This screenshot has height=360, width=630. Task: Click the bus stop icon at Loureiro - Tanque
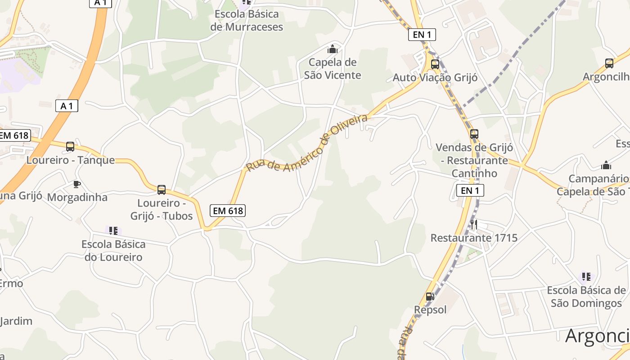70,146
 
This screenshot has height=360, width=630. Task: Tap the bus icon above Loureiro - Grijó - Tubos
162,189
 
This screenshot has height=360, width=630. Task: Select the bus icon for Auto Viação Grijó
435,64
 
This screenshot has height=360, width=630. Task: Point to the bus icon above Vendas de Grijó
474,134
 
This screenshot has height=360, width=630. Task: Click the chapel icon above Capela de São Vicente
333,49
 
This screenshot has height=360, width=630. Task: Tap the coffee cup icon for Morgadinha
77,184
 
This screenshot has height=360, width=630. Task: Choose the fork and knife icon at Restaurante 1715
474,224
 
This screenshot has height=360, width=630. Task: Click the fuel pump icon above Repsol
430,297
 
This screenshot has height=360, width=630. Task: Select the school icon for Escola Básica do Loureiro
113,231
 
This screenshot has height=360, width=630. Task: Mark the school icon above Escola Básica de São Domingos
586,276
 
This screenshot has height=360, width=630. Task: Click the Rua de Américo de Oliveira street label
307,143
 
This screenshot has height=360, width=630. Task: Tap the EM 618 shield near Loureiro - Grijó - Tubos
228,210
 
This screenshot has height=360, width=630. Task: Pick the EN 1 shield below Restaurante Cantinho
470,190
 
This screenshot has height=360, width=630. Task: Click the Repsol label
431,310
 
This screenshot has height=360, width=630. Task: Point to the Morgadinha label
77,197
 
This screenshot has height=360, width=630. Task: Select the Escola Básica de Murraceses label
247,20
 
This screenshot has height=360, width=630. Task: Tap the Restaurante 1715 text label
474,238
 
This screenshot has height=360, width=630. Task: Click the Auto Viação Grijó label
435,77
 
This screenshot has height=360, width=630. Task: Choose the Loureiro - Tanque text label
71,160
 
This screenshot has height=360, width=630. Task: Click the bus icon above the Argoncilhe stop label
609,63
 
